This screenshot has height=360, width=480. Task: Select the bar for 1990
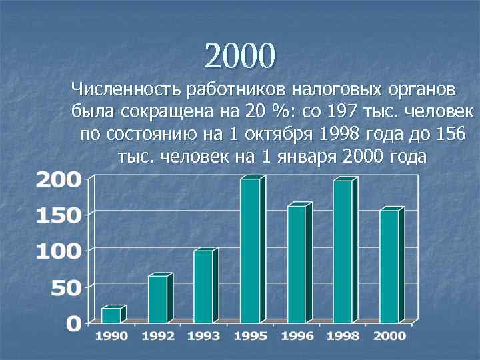[x=111, y=315]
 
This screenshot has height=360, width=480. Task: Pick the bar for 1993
[x=203, y=286]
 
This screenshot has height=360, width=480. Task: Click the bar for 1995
[x=250, y=250]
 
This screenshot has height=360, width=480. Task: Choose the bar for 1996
[x=296, y=264]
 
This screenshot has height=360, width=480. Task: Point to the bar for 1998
[x=343, y=251]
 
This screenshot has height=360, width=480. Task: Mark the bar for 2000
[x=389, y=266]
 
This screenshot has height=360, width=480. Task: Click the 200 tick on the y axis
[x=59, y=179]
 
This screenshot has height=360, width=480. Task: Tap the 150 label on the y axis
[x=59, y=215]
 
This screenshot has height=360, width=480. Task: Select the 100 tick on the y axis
[x=59, y=251]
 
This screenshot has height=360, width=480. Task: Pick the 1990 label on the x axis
[x=111, y=336]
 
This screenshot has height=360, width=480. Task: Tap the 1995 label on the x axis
[x=250, y=336]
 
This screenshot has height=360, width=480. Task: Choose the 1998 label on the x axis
[x=343, y=336]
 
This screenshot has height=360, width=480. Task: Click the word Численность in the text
[x=127, y=89]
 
